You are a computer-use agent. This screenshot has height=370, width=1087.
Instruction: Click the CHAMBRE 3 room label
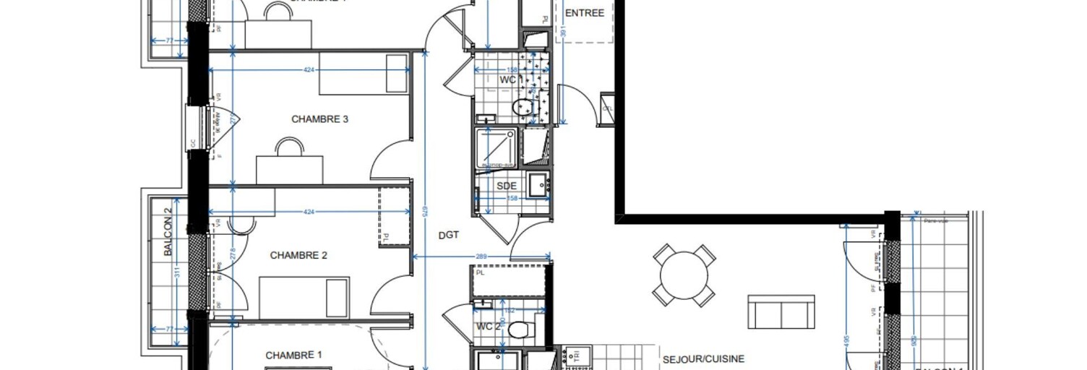[319, 119]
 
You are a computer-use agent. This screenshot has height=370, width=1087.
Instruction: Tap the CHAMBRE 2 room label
[298, 255]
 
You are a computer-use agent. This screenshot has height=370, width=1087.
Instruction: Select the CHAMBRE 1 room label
[293, 355]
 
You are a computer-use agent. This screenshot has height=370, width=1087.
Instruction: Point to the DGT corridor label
[449, 235]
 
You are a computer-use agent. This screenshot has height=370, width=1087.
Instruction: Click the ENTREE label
[584, 13]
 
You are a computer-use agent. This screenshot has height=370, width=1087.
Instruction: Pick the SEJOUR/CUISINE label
[703, 358]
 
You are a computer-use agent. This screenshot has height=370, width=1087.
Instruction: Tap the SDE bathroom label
[507, 186]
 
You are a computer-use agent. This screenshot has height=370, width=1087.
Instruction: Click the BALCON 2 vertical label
[168, 233]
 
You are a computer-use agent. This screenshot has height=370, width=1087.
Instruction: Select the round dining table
[684, 275]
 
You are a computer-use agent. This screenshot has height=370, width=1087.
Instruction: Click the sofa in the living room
[781, 312]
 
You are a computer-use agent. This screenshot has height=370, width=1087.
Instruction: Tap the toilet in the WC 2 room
[518, 330]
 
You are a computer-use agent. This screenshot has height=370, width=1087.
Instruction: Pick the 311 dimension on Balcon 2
[176, 273]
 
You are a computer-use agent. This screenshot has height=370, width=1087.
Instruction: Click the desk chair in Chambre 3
[289, 147]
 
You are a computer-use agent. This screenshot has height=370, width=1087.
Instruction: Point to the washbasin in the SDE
[538, 184]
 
